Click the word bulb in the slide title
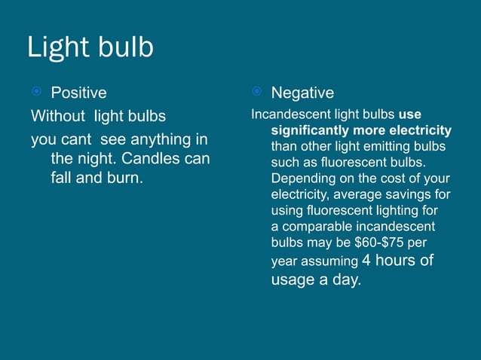[x=124, y=47]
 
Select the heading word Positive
[x=78, y=93]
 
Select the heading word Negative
[x=302, y=93]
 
